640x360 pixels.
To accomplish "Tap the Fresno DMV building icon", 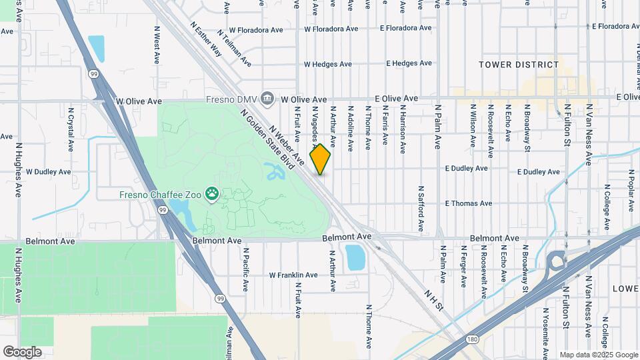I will (x=267, y=99).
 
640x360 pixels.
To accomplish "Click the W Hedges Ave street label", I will (x=327, y=64).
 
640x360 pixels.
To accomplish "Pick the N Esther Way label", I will (x=205, y=39).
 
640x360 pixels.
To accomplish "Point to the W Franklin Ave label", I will (x=293, y=275).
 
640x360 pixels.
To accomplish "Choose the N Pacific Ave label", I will (x=245, y=269).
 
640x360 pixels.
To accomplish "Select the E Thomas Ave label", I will (x=468, y=203).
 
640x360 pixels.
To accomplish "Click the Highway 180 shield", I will (x=472, y=339).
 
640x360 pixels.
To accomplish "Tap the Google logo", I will (x=22, y=351).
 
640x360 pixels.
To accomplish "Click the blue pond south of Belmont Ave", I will (x=355, y=257).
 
